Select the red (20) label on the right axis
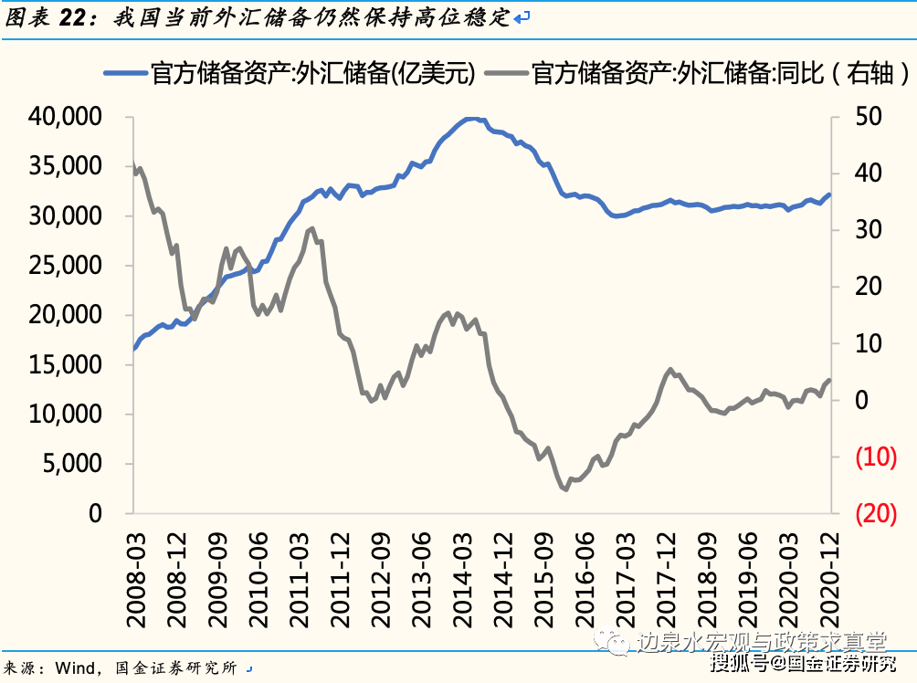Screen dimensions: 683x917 click(x=876, y=513)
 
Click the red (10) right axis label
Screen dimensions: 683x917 click(x=876, y=457)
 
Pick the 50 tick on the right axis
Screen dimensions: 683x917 click(x=869, y=117)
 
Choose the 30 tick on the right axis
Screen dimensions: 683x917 click(x=869, y=230)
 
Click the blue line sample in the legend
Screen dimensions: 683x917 click(x=125, y=74)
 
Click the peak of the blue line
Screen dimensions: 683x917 click(x=470, y=119)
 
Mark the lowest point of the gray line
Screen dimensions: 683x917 click(x=565, y=489)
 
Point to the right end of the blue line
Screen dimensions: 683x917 click(x=829, y=194)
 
